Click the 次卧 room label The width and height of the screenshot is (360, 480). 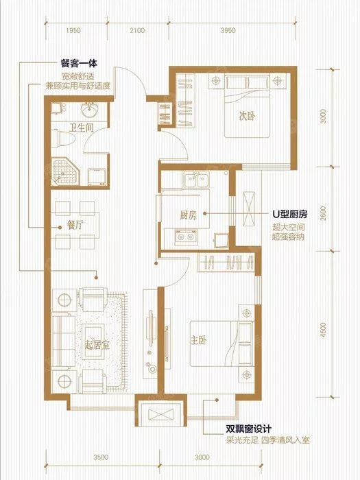[x=247, y=116]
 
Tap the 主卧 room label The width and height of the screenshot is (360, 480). [x=198, y=340]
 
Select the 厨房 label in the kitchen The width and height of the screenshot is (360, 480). [x=188, y=215]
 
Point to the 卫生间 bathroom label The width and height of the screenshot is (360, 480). [x=81, y=128]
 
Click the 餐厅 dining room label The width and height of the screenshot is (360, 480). [x=75, y=226]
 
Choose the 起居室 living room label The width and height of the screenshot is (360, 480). [x=97, y=346]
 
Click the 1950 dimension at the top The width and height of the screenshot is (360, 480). [x=73, y=30]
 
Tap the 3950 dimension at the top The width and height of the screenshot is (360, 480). [x=228, y=30]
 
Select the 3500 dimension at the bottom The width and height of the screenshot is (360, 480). [x=101, y=457]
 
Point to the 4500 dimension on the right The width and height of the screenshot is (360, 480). [x=324, y=330]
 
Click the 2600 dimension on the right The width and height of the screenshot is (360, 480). [x=324, y=213]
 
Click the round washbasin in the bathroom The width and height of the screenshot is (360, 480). [x=89, y=110]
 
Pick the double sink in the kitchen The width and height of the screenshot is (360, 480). [x=196, y=180]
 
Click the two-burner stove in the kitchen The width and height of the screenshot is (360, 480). [x=185, y=237]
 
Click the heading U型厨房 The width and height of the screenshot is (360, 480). [x=290, y=214]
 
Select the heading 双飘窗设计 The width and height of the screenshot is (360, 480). [x=248, y=429]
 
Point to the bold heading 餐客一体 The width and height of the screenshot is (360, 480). [x=79, y=63]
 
